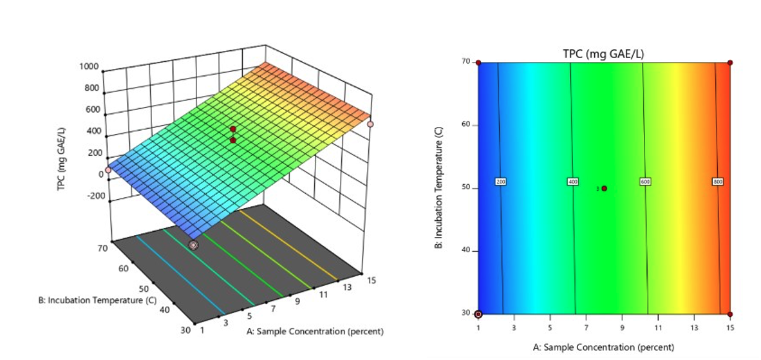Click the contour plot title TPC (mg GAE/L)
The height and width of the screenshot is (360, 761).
(x=604, y=53)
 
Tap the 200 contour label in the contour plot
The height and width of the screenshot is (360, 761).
(x=501, y=182)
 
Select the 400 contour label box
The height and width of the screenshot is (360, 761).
(x=572, y=182)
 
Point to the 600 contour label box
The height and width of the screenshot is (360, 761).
(x=646, y=182)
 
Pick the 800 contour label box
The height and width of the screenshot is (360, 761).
(x=718, y=182)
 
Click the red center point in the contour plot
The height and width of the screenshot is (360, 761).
(x=604, y=189)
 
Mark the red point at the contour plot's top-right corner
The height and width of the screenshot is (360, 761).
(x=730, y=63)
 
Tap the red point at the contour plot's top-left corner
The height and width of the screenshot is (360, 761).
(x=478, y=62)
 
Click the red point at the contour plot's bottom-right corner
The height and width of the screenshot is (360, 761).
(x=730, y=314)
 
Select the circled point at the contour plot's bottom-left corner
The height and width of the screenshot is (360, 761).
(x=478, y=314)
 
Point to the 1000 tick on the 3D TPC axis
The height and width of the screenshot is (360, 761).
(x=89, y=66)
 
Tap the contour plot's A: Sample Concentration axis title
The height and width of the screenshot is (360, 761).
(x=604, y=347)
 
